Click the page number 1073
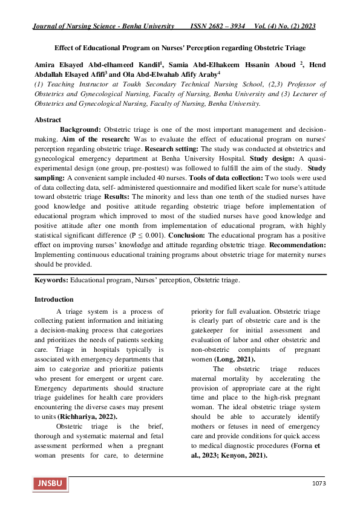coord(319,484)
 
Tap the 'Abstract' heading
coord(48,120)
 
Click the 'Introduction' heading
coord(54,299)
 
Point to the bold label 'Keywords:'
coord(51,280)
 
